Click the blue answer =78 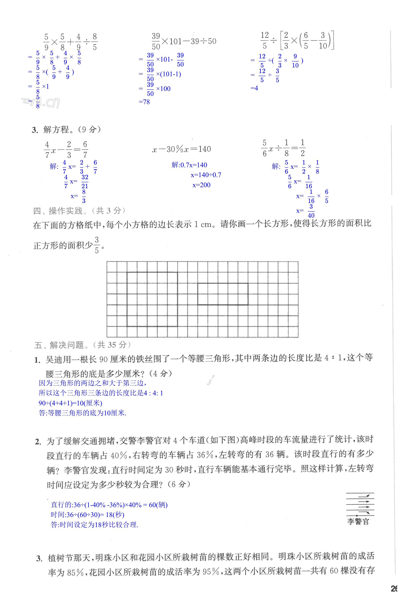(x=144, y=102)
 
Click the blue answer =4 (x=254, y=88)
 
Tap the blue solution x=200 (x=201, y=185)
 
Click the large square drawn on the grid (x=152, y=299)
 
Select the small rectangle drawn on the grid (x=223, y=294)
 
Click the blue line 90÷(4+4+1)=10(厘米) (x=70, y=403)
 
